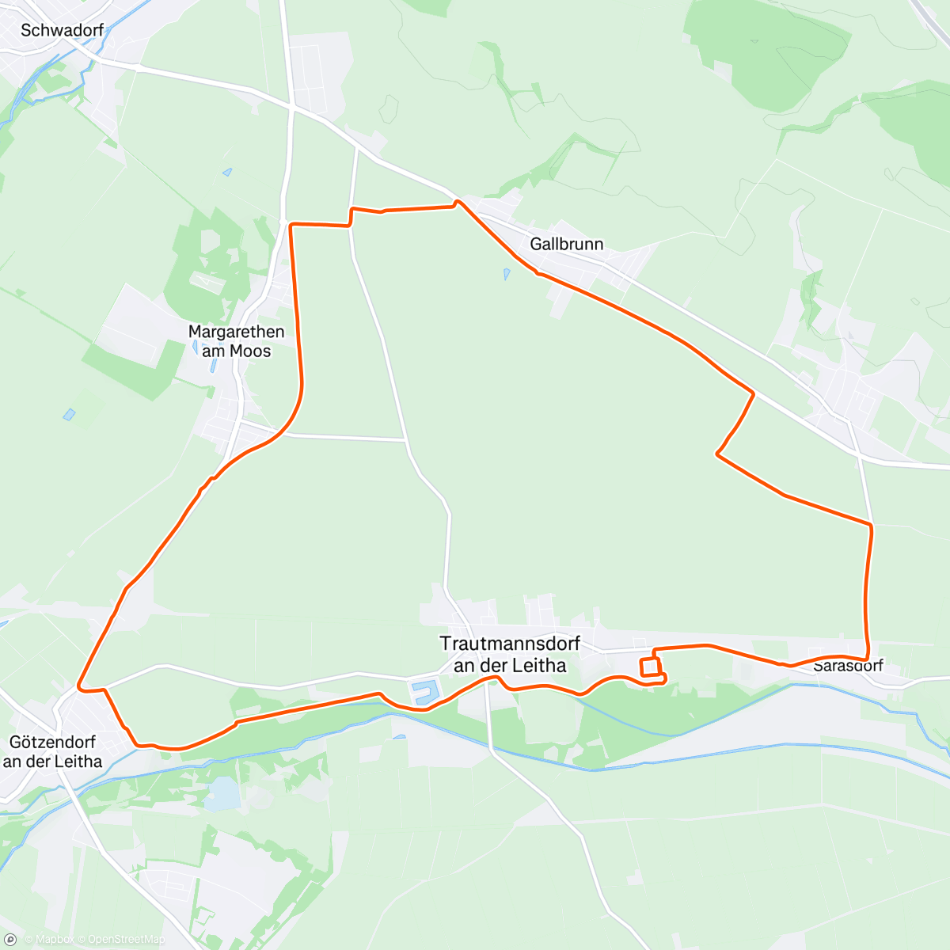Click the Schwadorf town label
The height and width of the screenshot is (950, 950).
62,30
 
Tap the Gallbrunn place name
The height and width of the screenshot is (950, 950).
566,244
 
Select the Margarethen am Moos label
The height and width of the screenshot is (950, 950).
236,341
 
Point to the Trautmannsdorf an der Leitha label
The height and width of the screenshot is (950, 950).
510,655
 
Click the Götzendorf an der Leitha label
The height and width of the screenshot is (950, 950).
52,751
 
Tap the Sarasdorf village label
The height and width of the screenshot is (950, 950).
848,667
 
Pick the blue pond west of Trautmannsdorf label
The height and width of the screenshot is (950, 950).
424,692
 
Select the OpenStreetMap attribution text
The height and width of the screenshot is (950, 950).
126,940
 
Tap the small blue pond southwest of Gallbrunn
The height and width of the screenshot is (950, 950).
507,274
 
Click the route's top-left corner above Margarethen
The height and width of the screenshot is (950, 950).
291,226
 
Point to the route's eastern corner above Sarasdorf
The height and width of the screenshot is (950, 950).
871,524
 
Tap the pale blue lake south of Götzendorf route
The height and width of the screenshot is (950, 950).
223,794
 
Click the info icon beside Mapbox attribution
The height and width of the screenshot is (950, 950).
11,940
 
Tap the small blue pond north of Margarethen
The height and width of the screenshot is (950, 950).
227,172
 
